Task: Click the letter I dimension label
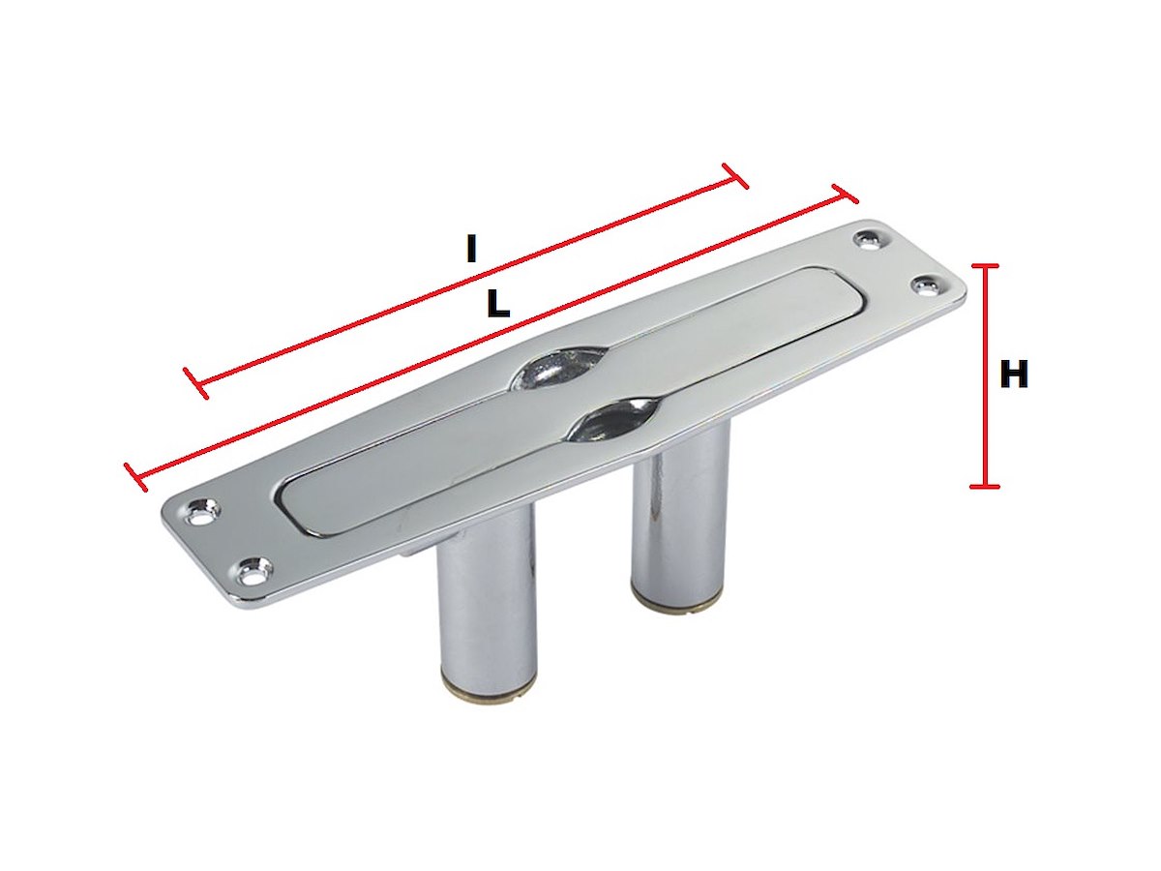[471, 249]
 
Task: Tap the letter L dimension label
[498, 304]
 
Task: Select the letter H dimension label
[1014, 375]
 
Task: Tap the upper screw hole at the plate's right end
[870, 241]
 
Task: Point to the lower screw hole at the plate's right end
[928, 286]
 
